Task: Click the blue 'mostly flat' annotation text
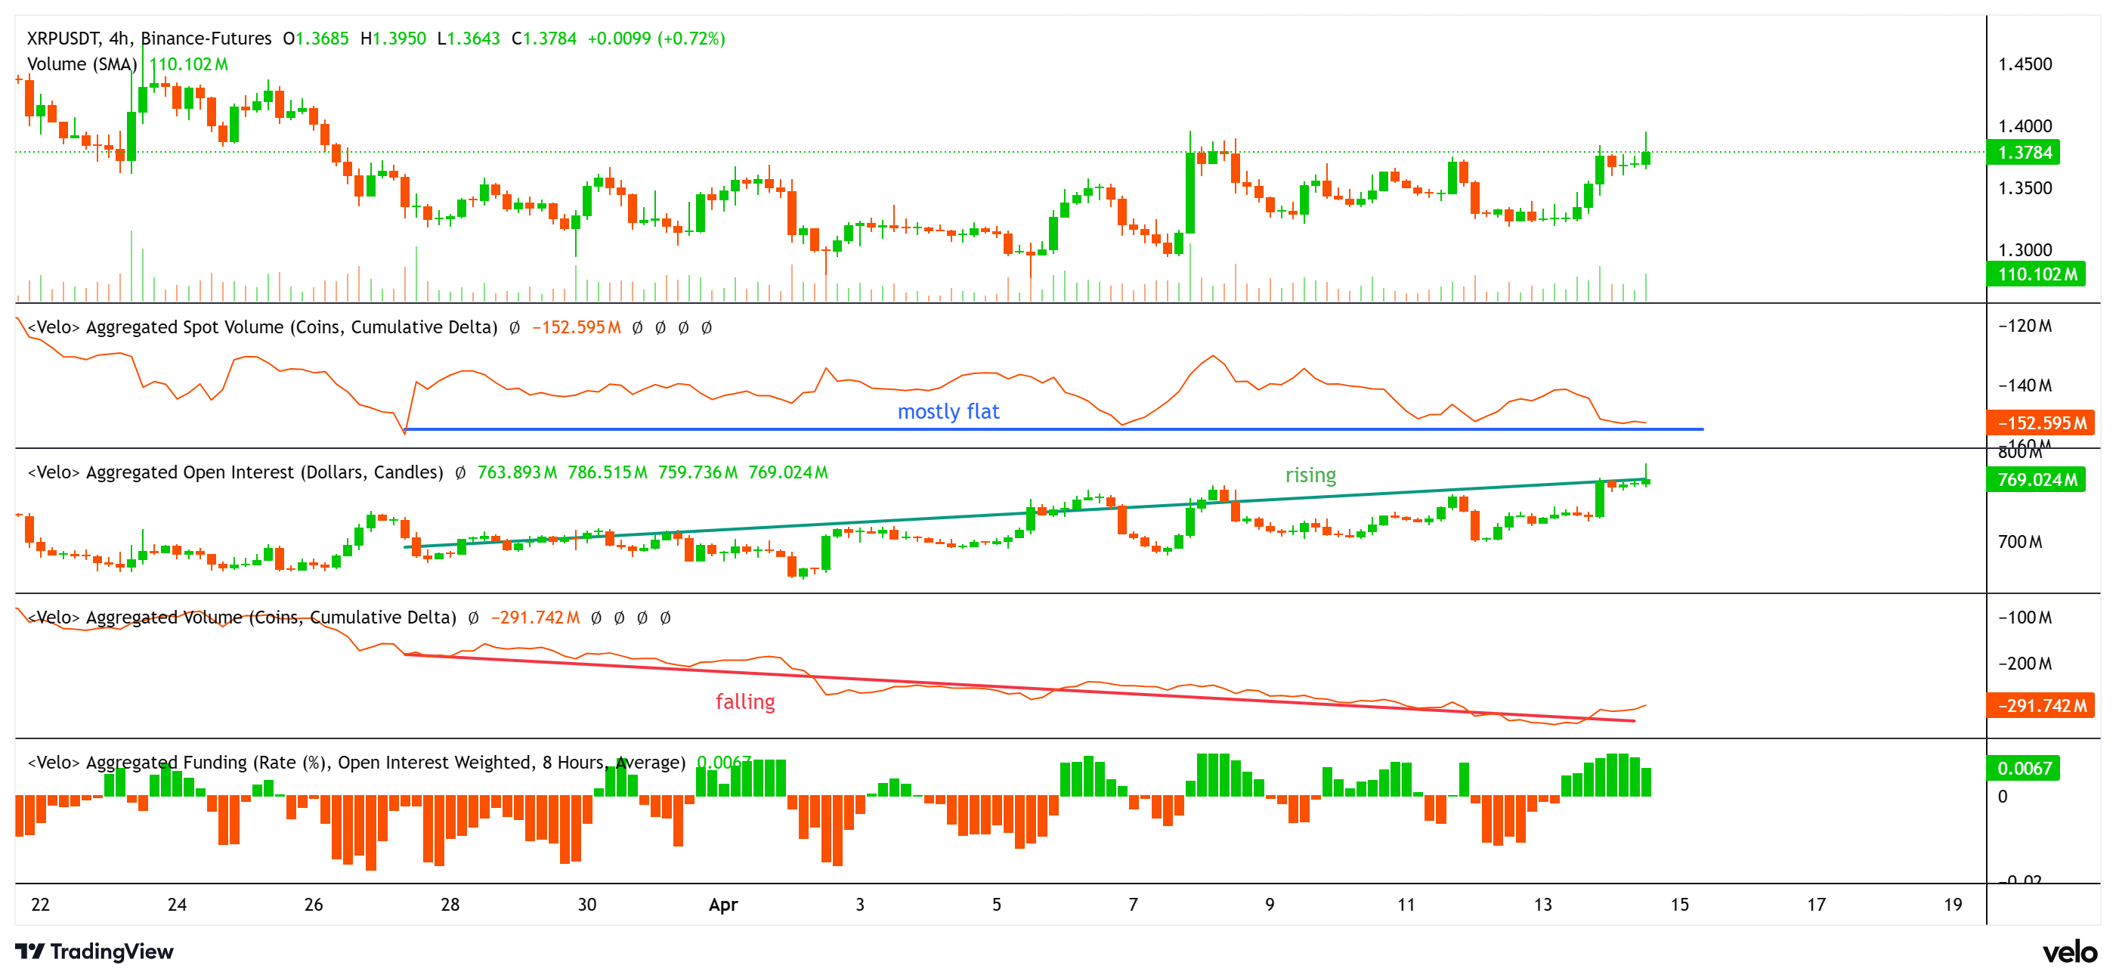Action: pos(948,411)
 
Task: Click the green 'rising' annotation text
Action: pos(1310,475)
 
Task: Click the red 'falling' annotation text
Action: pos(744,701)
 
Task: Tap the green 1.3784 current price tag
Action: pos(2024,152)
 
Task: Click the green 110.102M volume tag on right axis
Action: pos(2037,274)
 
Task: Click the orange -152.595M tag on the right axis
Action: pos(2041,422)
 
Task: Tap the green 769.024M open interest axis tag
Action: pos(2037,479)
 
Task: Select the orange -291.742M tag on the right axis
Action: pos(2041,705)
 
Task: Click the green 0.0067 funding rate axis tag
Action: pos(2024,768)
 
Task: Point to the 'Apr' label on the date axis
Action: pos(723,904)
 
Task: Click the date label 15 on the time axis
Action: pos(1679,904)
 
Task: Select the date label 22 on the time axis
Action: pos(40,904)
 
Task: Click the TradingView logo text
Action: pos(111,951)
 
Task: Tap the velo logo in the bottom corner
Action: pos(2069,952)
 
